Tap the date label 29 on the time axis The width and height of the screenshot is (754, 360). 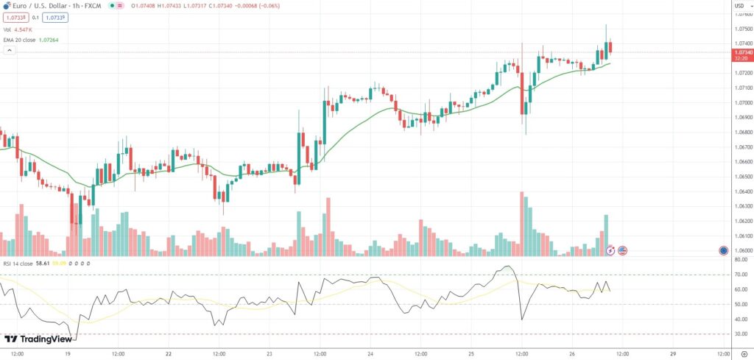pyautogui.click(x=674, y=353)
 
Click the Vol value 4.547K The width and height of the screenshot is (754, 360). pyautogui.click(x=29, y=29)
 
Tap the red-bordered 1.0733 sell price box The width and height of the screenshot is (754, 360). pyautogui.click(x=15, y=17)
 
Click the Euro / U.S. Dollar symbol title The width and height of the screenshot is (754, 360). pyautogui.click(x=44, y=6)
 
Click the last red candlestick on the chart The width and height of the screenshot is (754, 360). pyautogui.click(x=610, y=48)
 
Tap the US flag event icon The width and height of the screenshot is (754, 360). pyautogui.click(x=622, y=250)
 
